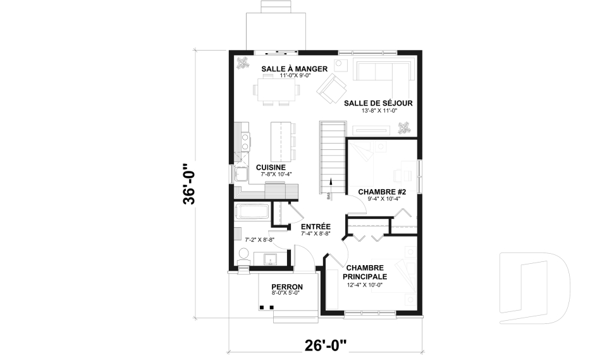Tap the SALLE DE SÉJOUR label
pyautogui.click(x=378, y=103)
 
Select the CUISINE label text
pyautogui.click(x=271, y=167)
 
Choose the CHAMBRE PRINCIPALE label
pyautogui.click(x=365, y=272)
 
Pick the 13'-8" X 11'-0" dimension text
pyautogui.click(x=378, y=111)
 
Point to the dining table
pyautogui.click(x=276, y=88)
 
